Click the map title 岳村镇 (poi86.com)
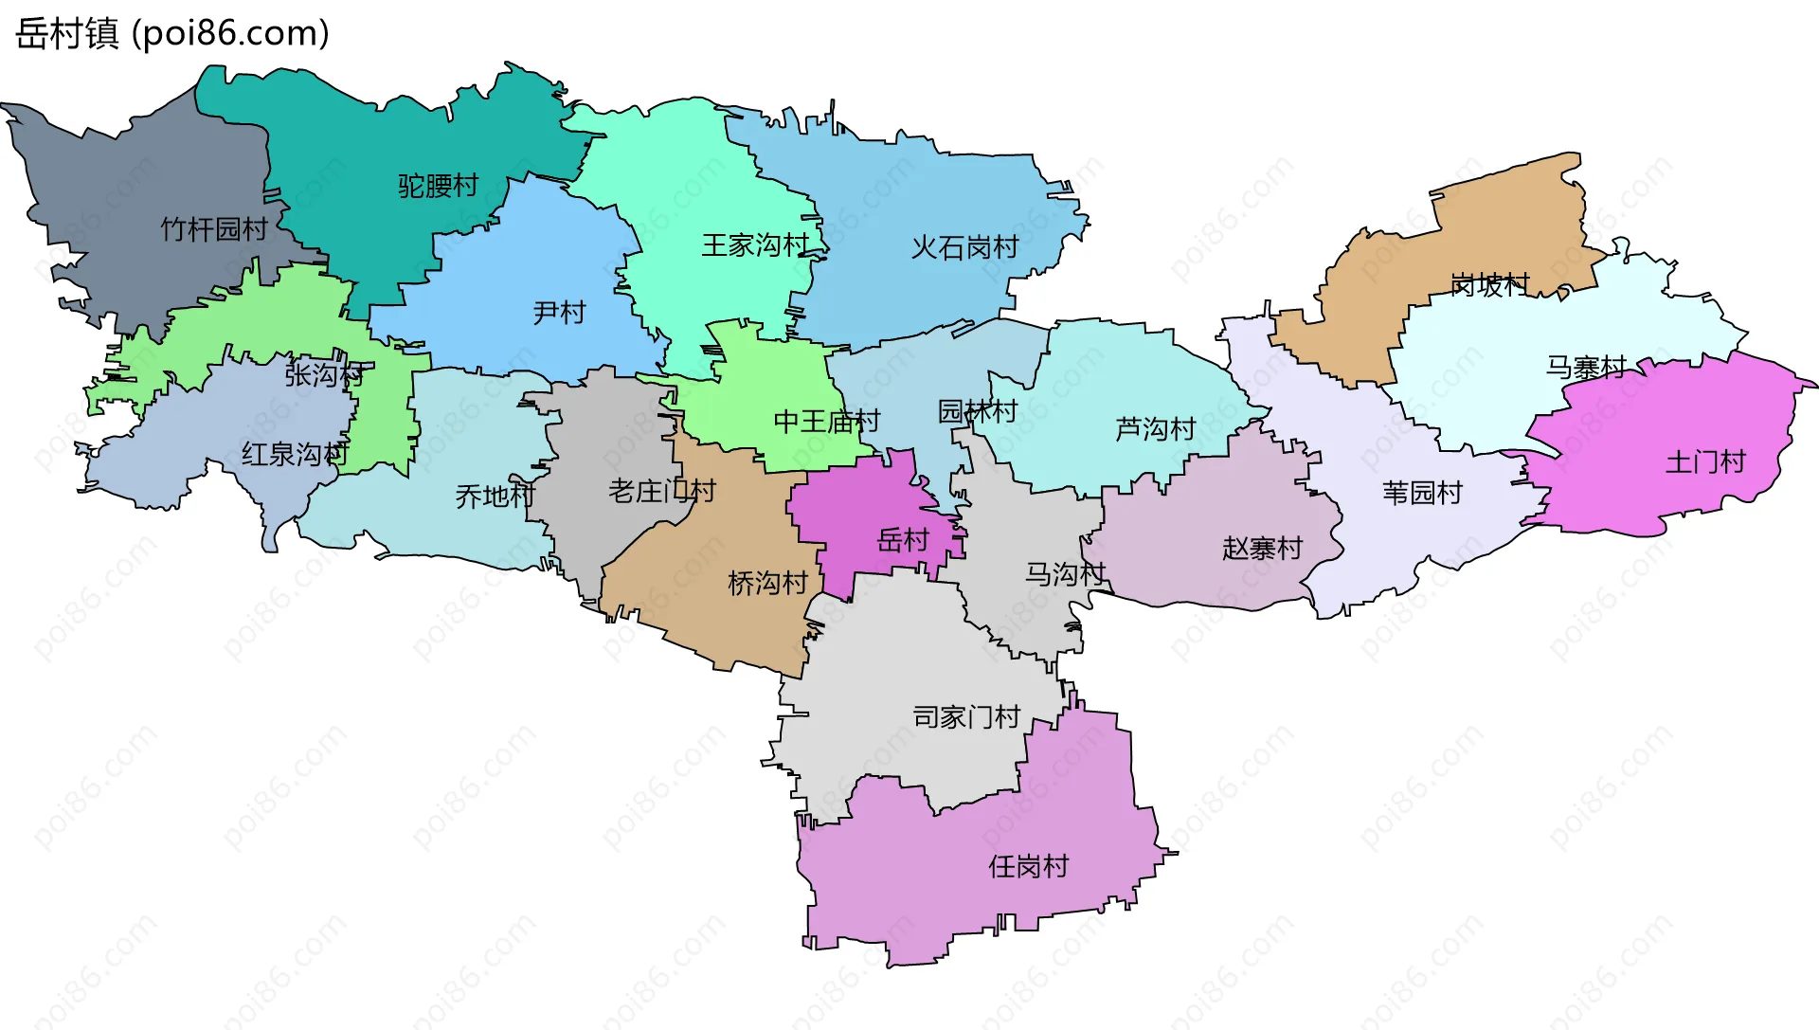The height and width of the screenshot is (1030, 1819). click(172, 33)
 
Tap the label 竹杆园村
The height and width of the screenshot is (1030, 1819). click(214, 229)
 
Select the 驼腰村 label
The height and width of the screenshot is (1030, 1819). click(438, 186)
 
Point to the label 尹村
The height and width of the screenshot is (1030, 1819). click(559, 313)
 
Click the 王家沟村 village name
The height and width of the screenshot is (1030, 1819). click(755, 245)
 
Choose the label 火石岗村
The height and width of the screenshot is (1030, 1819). click(964, 248)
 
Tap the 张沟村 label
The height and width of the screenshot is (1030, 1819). click(324, 375)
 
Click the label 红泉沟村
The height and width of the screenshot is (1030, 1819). click(295, 455)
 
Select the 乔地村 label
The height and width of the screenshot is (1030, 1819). click(495, 497)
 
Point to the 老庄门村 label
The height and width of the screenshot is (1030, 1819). click(661, 492)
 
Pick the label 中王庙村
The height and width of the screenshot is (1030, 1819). click(826, 422)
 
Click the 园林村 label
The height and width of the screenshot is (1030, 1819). click(977, 411)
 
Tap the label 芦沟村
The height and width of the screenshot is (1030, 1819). click(1155, 430)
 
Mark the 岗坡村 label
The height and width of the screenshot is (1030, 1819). click(1489, 284)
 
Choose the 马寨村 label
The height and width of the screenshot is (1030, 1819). click(1586, 368)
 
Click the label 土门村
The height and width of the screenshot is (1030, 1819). click(1705, 462)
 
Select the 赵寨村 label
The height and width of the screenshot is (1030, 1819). click(1262, 549)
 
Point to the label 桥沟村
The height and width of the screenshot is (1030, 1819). click(767, 584)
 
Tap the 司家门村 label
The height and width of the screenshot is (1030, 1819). click(966, 717)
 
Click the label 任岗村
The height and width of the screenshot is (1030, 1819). click(1028, 866)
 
